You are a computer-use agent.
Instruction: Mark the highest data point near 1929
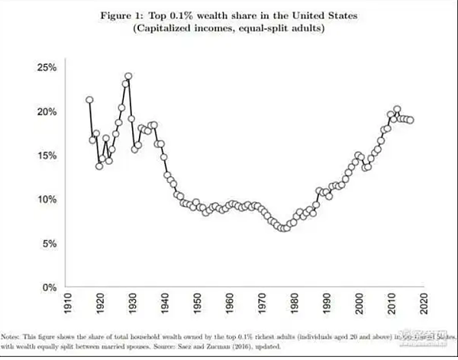(128, 76)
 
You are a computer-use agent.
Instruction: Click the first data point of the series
(89, 100)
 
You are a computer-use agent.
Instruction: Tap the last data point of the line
(411, 120)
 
